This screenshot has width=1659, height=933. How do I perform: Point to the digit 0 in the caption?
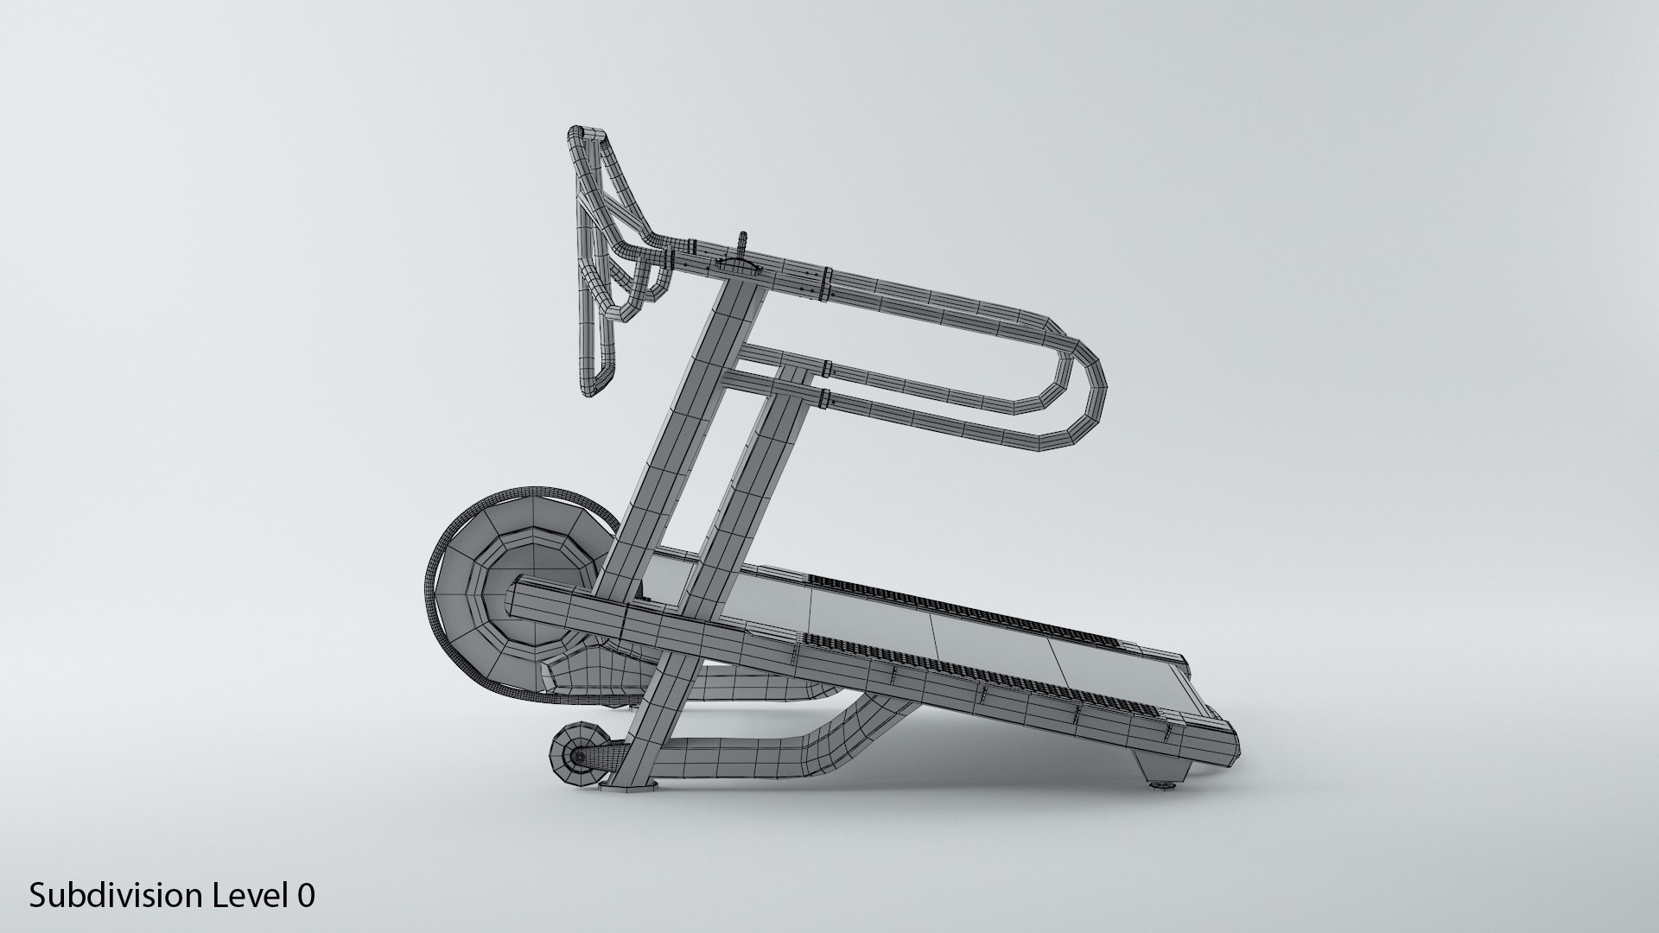tap(306, 896)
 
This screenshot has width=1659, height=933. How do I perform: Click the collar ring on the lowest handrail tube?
tap(825, 399)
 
